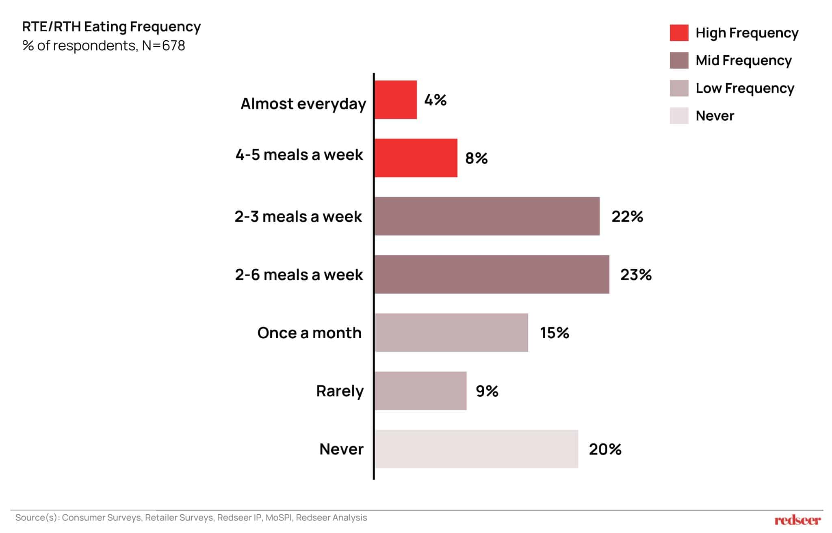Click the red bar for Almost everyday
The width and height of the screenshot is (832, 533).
click(395, 100)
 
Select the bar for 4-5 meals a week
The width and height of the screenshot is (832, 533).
click(416, 158)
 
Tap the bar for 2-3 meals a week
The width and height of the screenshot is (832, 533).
click(487, 216)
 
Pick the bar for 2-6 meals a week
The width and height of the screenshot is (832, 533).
click(492, 274)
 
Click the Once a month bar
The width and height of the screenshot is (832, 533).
click(451, 333)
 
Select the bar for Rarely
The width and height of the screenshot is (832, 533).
click(420, 391)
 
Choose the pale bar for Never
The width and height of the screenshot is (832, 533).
click(476, 449)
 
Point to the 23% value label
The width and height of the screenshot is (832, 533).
click(636, 275)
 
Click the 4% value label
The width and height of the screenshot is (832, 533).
click(435, 100)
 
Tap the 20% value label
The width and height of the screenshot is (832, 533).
click(605, 449)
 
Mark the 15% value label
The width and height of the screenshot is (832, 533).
click(554, 333)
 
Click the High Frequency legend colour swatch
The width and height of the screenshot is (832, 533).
click(679, 33)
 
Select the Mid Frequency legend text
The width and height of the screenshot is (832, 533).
click(743, 61)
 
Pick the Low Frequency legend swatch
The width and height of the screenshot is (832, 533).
click(679, 88)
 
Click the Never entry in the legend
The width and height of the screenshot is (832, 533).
click(715, 116)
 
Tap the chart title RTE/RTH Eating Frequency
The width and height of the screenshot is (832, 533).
click(111, 26)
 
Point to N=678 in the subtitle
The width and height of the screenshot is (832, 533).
click(163, 46)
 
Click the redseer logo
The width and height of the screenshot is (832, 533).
click(797, 520)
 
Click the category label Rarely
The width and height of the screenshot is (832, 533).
click(340, 391)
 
